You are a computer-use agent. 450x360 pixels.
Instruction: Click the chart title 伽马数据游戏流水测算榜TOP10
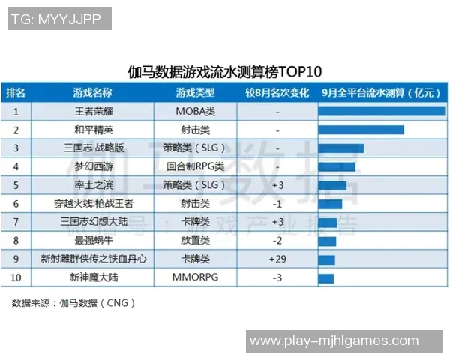225,72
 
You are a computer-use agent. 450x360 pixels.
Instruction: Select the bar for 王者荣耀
381,111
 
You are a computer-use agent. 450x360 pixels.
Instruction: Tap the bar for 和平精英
361,130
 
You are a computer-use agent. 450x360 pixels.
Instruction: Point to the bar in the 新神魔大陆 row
326,277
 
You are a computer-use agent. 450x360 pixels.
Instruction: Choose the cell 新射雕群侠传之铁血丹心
93,259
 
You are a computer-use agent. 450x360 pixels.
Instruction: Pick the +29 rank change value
277,259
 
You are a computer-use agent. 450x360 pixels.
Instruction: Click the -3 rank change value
277,277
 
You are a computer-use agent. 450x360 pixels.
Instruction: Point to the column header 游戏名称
93,93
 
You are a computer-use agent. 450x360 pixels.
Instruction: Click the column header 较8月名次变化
277,93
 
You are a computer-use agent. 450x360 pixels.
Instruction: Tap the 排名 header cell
16,93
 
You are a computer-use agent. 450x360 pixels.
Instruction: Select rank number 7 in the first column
16,222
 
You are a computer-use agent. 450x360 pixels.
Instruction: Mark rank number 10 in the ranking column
16,277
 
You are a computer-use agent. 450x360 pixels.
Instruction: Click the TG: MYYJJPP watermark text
59,19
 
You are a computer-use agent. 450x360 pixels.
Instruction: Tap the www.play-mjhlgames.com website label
334,341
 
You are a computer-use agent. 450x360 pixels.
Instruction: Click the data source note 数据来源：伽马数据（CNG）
73,304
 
